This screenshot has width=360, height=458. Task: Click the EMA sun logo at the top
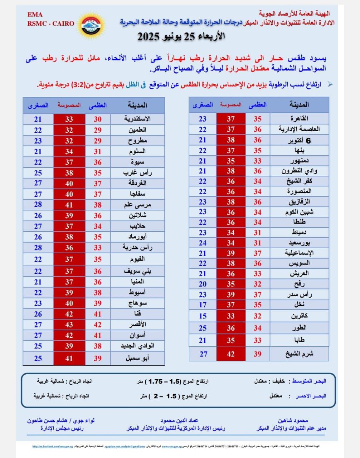pyautogui.click(x=91, y=24)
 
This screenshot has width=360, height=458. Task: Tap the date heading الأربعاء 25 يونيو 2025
pyautogui.click(x=182, y=36)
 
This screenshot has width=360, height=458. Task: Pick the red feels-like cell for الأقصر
pyautogui.click(x=69, y=325)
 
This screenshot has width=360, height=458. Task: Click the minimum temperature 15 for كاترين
pyautogui.click(x=203, y=316)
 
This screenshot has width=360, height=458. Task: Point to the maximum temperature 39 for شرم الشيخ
pyautogui.click(x=257, y=354)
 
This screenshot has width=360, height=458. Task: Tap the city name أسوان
pyautogui.click(x=138, y=336)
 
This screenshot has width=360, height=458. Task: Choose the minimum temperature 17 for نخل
pyautogui.click(x=203, y=305)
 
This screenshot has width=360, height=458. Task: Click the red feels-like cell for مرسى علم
pyautogui.click(x=69, y=205)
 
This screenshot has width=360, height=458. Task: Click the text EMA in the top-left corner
pyautogui.click(x=35, y=15)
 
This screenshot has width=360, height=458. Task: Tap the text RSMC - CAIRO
pyautogui.click(x=50, y=24)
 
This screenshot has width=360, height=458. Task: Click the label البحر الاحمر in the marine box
pyautogui.click(x=311, y=396)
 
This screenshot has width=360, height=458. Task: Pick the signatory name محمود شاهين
pyautogui.click(x=293, y=420)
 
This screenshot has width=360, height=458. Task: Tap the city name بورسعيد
pyautogui.click(x=299, y=243)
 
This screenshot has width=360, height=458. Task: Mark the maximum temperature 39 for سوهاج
pyautogui.click(x=98, y=303)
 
